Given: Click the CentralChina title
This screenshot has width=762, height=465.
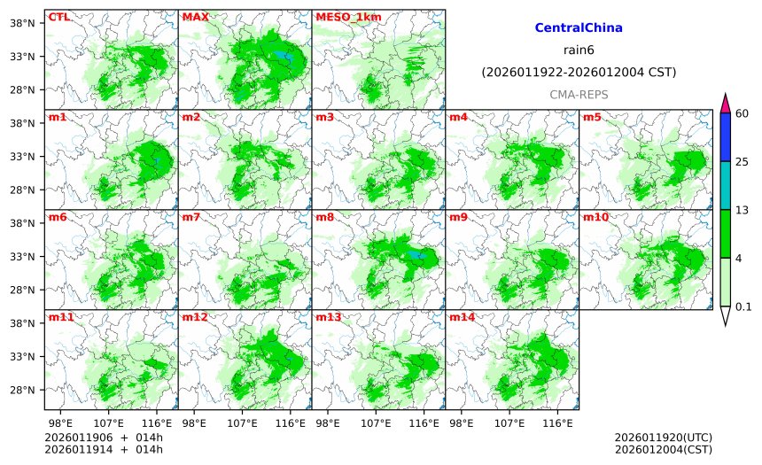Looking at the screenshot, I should pyautogui.click(x=579, y=28).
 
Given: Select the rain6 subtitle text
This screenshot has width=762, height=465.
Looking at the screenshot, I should pyautogui.click(x=579, y=50).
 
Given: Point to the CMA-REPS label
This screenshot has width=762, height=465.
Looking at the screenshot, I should pyautogui.click(x=579, y=94).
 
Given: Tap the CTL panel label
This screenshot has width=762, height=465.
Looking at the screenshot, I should pyautogui.click(x=58, y=17).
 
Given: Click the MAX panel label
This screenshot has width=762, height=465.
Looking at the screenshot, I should pyautogui.click(x=194, y=17).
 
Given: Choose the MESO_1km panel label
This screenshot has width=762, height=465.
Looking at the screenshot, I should pyautogui.click(x=343, y=17).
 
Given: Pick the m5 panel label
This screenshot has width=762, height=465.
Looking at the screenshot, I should pyautogui.click(x=592, y=117).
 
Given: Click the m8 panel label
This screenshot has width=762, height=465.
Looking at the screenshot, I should pyautogui.click(x=324, y=217).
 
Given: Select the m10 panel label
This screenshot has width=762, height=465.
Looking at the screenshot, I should pyautogui.click(x=595, y=217).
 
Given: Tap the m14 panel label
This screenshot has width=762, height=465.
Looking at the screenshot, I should pyautogui.click(x=462, y=317).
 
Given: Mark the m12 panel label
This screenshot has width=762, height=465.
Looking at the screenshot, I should pyautogui.click(x=194, y=317).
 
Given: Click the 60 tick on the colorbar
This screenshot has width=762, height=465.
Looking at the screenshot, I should pyautogui.click(x=742, y=113).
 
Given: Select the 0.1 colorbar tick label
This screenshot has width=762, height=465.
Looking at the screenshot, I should pyautogui.click(x=743, y=306).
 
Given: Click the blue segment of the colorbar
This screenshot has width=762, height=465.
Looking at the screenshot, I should pyautogui.click(x=725, y=137).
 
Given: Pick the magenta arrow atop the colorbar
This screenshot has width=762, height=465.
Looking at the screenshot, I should pyautogui.click(x=725, y=103).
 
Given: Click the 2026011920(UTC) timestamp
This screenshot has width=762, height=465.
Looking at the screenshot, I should pyautogui.click(x=663, y=438).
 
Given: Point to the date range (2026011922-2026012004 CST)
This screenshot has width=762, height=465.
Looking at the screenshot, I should pyautogui.click(x=579, y=72).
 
